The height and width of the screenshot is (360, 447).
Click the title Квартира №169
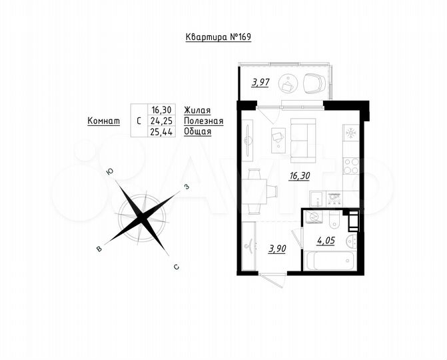(x=219, y=38)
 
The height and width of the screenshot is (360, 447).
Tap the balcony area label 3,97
(x=260, y=83)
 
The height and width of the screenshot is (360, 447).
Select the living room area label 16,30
(x=298, y=176)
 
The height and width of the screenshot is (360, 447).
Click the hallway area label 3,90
(x=277, y=249)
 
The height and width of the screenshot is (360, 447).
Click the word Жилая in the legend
(x=198, y=110)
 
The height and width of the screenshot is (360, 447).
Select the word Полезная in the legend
(x=203, y=121)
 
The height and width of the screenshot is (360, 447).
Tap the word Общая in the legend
(x=198, y=131)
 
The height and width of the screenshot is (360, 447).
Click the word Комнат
(x=103, y=121)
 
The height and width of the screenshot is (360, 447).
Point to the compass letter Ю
(x=109, y=172)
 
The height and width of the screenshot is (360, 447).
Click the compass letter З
(x=188, y=187)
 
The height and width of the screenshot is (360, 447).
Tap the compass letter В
(x=99, y=249)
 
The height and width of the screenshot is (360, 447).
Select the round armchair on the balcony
(x=314, y=83)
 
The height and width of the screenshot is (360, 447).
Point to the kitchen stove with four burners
(x=351, y=163)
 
